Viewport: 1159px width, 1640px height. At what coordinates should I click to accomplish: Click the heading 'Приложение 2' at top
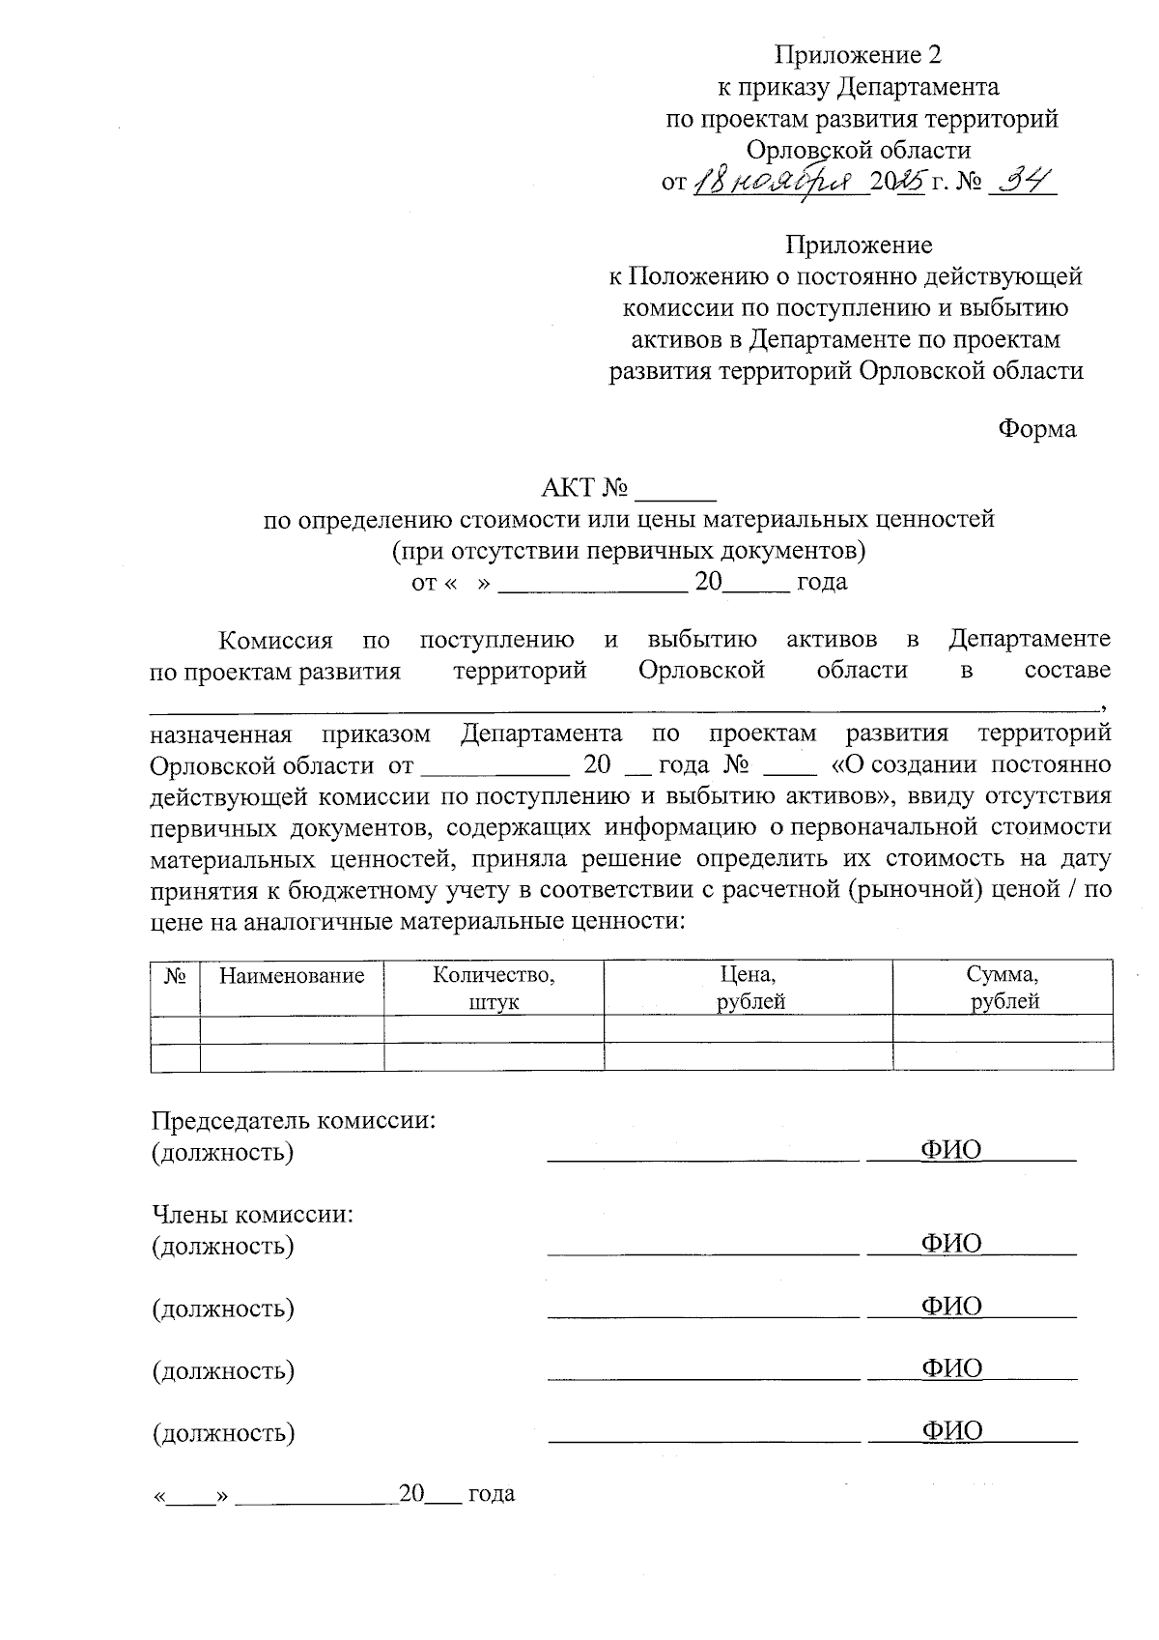pos(858,54)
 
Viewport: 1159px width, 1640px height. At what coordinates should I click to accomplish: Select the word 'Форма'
pos(1036,428)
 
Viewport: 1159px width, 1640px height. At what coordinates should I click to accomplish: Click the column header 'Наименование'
pos(292,975)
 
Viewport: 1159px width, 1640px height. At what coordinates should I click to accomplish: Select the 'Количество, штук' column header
pos(494,988)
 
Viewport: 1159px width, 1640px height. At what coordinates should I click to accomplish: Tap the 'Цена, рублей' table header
pos(749,988)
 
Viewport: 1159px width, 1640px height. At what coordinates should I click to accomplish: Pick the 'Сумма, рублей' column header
pos(1003,988)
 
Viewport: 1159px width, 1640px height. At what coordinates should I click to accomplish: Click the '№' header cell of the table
pos(175,975)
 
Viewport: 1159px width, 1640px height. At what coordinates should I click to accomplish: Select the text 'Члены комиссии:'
pos(252,1214)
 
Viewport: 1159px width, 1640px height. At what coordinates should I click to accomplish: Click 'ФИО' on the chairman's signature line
pos(950,1149)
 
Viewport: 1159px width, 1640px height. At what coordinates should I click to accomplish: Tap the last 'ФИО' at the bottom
pos(951,1430)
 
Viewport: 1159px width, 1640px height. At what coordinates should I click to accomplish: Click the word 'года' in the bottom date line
pos(492,1493)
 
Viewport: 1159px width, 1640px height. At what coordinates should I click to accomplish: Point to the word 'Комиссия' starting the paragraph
pos(275,640)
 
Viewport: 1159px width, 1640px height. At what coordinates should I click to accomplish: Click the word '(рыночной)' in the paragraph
pos(908,889)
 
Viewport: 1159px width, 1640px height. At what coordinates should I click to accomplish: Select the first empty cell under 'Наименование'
pos(292,1028)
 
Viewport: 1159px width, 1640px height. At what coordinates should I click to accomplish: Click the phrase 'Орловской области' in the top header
pos(858,150)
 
